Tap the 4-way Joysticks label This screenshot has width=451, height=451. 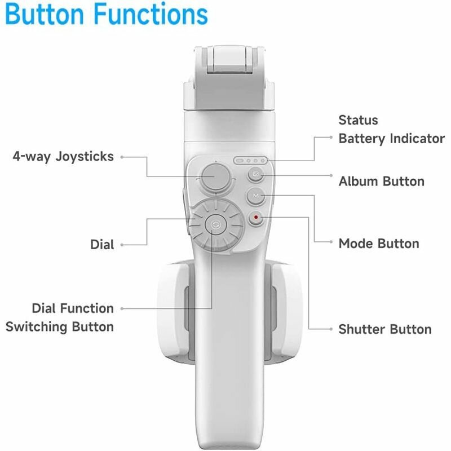63,156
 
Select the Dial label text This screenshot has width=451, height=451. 102,245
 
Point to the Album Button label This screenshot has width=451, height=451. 381,182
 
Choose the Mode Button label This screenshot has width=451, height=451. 379,244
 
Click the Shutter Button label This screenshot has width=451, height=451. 384,329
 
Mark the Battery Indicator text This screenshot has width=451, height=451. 391,139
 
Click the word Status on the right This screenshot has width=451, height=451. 358,120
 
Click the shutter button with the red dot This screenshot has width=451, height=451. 257,217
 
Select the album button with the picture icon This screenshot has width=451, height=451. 257,175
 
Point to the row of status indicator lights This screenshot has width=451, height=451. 250,161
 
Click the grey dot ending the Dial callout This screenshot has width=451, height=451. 122,245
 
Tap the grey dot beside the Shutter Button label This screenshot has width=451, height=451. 331,329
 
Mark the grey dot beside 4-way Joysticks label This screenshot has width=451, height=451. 122,156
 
